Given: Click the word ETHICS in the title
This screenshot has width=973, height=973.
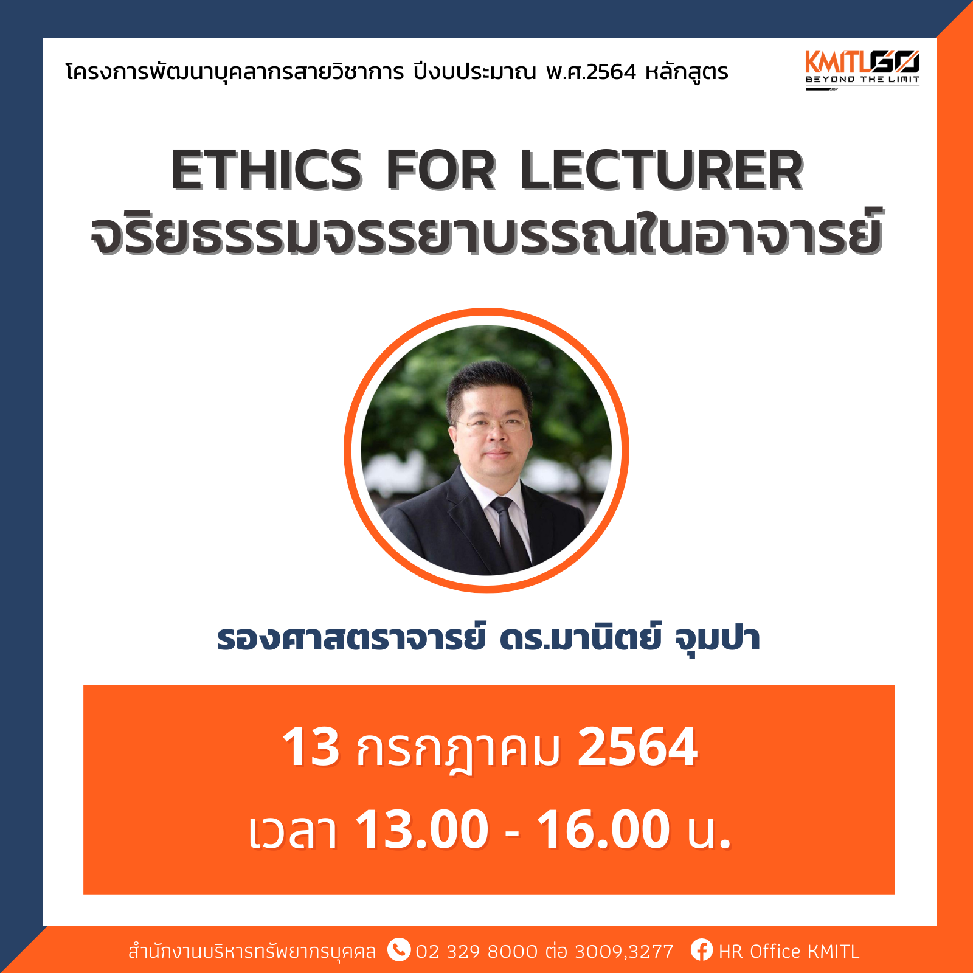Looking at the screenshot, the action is click(x=266, y=170).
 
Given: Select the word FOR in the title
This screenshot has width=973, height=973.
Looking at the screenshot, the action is click(x=441, y=170).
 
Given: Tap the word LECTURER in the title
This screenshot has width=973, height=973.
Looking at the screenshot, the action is click(x=662, y=170).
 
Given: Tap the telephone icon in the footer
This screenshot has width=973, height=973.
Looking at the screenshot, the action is click(x=399, y=950).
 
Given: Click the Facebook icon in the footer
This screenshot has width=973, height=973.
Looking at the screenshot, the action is click(x=701, y=950).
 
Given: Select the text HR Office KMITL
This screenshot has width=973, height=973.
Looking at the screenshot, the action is click(x=789, y=951).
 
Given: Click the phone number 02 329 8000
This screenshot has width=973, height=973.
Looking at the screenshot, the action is click(x=477, y=951).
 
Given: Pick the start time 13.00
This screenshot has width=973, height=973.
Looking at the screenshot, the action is click(x=421, y=829).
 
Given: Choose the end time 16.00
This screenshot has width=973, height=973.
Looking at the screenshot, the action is click(x=604, y=829).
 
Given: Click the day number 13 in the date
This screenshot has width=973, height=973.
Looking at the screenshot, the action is click(x=311, y=747).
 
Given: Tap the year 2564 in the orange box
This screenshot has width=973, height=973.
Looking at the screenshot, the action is click(x=637, y=747).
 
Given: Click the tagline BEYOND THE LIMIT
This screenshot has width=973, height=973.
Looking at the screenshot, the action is click(x=862, y=79).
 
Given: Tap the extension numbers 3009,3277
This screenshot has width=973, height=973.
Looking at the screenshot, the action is click(x=624, y=952).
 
